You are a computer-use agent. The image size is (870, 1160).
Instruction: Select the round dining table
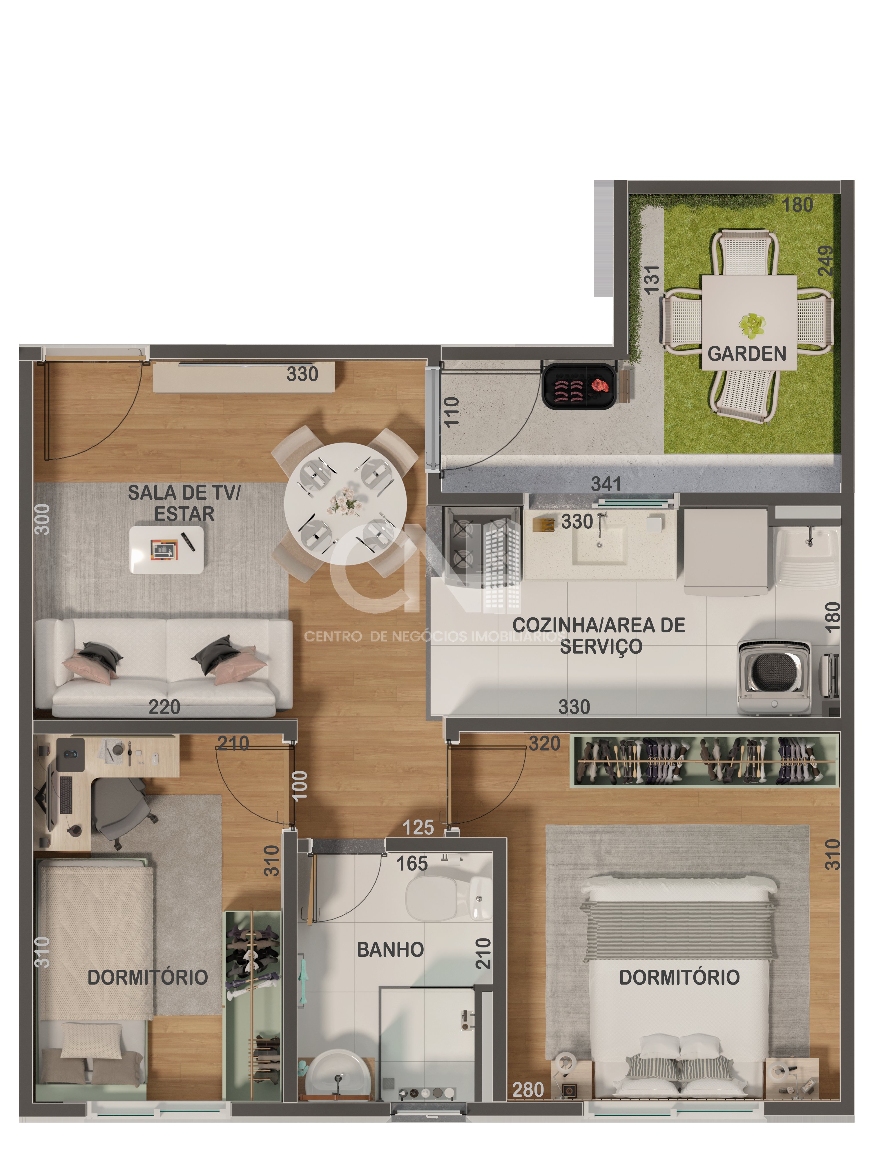tap(345, 503)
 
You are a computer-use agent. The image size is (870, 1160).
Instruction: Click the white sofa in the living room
tap(164, 668)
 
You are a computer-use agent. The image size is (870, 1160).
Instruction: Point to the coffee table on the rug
tap(166, 549)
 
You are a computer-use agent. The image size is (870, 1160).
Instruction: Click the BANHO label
tap(390, 949)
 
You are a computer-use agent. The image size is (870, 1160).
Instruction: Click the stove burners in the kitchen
tap(464, 543)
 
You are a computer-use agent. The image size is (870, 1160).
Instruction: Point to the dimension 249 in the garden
tap(825, 261)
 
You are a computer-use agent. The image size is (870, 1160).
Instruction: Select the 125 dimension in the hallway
tap(418, 827)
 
